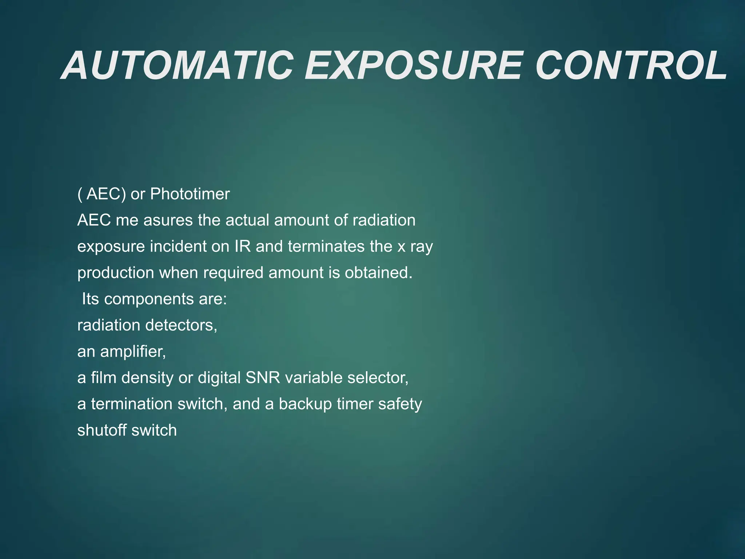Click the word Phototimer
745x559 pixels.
coord(190,194)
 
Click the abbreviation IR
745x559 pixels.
coord(243,246)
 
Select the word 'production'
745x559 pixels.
coord(116,273)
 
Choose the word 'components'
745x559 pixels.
coord(148,299)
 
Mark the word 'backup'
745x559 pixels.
coord(305,404)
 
